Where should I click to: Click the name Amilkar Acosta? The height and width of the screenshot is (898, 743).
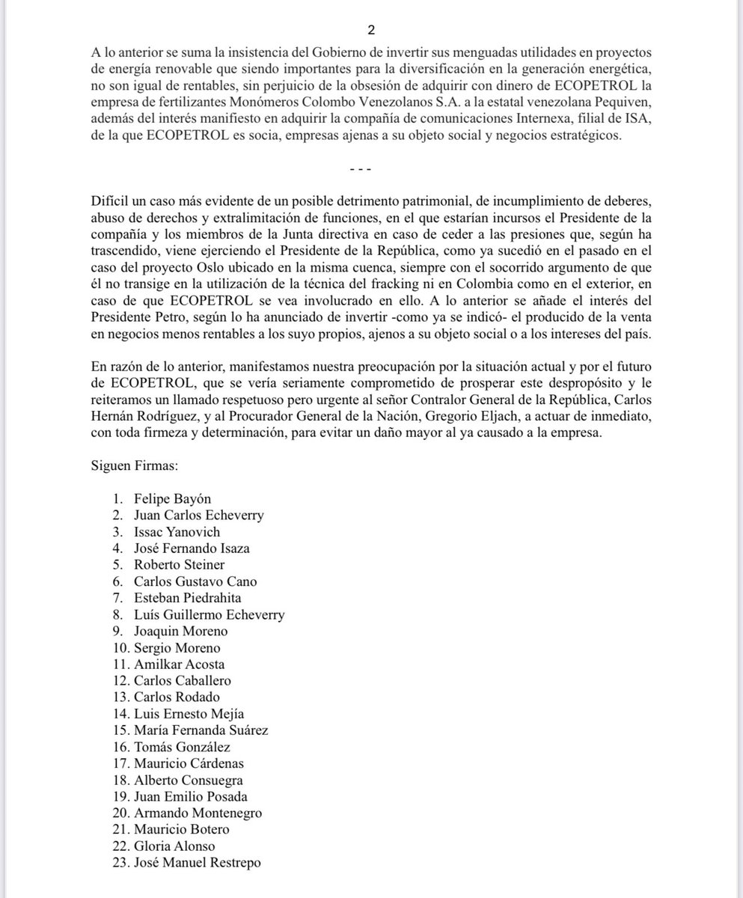[179, 664]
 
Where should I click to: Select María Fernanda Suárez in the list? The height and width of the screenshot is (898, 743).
[201, 730]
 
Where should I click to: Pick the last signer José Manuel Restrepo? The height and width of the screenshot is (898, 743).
[198, 862]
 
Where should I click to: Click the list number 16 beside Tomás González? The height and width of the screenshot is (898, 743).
[119, 747]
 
